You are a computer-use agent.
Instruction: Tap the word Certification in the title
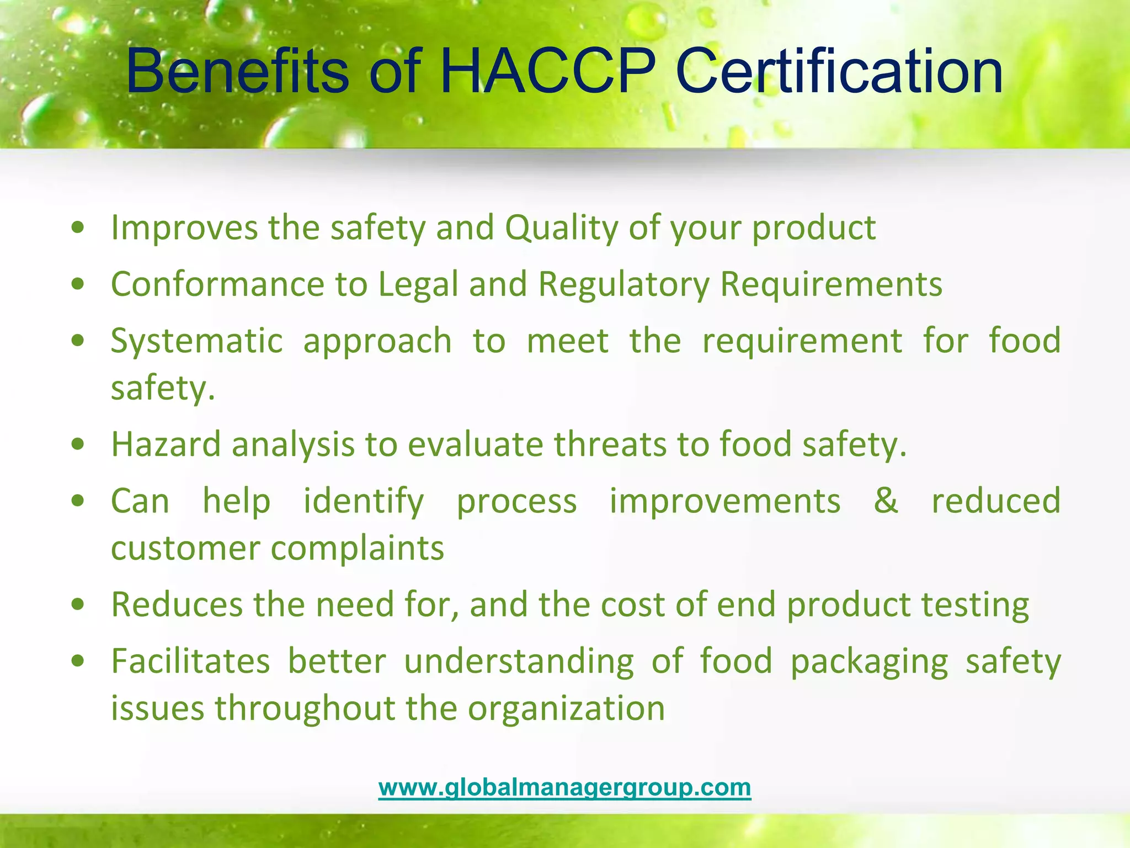pos(839,72)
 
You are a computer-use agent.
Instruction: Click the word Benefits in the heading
pos(237,72)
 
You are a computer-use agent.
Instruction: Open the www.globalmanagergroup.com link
pos(564,787)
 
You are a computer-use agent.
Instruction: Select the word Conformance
pos(217,284)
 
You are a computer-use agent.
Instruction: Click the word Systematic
pos(196,341)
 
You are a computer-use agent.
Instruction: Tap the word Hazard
pos(166,444)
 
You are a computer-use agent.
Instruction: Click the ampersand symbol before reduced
pos(886,501)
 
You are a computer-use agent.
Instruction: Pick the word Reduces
pos(177,605)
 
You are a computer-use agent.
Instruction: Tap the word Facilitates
pos(190,661)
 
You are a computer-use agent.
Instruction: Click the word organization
pos(566,709)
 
